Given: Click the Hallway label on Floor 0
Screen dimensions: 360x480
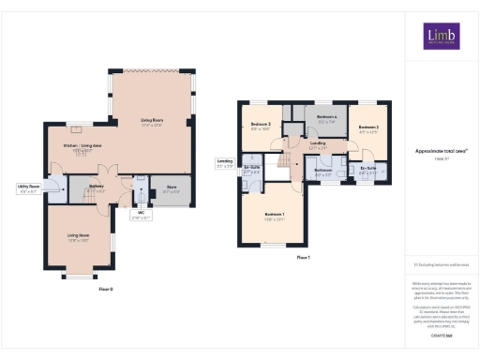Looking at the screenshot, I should [x=96, y=187].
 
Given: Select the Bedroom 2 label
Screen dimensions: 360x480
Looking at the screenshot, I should [x=368, y=128].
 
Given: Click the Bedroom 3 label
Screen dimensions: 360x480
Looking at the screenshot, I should [x=261, y=127].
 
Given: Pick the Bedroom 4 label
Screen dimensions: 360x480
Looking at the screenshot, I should [x=326, y=119].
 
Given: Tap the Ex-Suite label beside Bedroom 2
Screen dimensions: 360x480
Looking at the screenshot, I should [x=367, y=170].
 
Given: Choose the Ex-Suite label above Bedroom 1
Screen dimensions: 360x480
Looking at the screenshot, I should [x=251, y=171].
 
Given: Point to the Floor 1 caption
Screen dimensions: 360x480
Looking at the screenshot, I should [x=303, y=256].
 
